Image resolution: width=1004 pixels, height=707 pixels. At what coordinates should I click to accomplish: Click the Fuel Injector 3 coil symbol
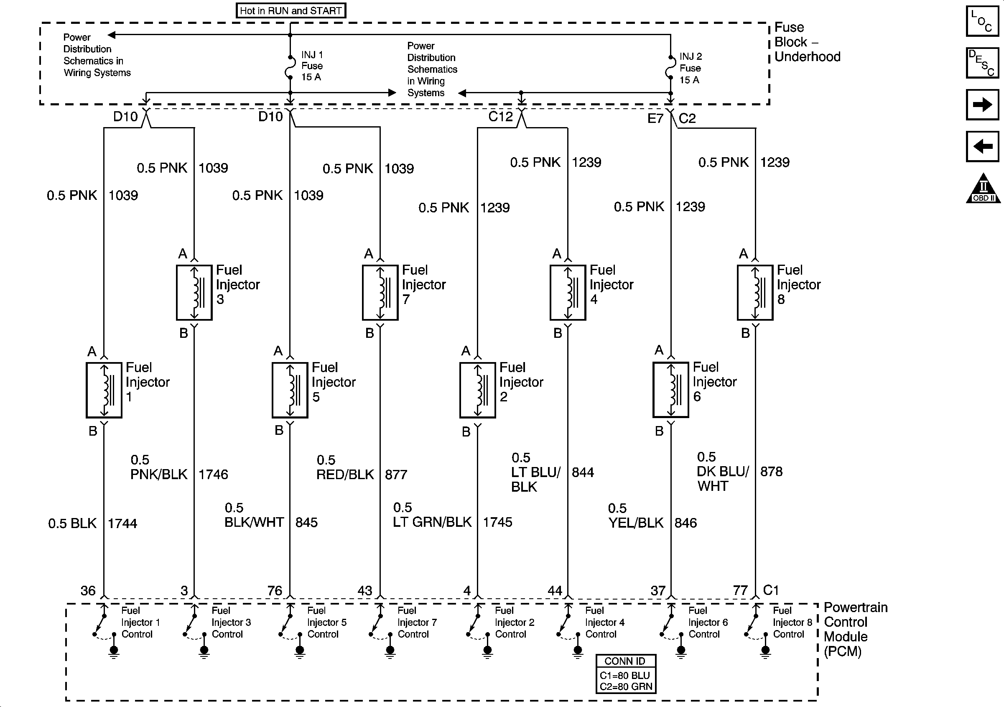(x=194, y=292)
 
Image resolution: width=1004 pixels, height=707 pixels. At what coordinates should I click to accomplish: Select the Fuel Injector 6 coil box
(x=671, y=390)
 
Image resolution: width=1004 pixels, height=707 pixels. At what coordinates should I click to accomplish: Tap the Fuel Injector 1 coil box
(x=104, y=390)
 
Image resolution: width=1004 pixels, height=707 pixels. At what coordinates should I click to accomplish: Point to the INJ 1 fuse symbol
(x=290, y=67)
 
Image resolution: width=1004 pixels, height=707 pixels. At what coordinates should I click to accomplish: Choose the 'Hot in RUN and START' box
(x=291, y=10)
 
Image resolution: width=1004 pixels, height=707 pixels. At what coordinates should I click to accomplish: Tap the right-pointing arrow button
(x=982, y=105)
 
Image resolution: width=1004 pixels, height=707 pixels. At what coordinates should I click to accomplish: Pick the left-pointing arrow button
(x=982, y=146)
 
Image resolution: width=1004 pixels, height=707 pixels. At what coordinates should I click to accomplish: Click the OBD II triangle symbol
(x=983, y=189)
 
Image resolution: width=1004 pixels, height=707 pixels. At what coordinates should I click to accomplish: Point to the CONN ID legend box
(x=626, y=674)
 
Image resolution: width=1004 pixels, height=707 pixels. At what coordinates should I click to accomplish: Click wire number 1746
(x=214, y=475)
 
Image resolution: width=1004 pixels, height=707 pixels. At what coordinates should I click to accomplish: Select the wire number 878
(x=771, y=472)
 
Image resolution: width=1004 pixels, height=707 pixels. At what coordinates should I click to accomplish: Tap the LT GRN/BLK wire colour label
(x=432, y=522)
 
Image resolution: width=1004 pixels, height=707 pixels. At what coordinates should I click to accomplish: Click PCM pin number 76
(x=275, y=591)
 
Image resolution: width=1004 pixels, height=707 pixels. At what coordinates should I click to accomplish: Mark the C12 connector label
(x=500, y=117)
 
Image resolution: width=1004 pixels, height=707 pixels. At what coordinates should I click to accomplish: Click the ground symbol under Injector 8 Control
(x=765, y=651)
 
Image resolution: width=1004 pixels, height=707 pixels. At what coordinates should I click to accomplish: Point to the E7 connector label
(x=655, y=118)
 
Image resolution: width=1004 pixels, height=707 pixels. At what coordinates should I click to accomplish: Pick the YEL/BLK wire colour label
(x=636, y=523)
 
